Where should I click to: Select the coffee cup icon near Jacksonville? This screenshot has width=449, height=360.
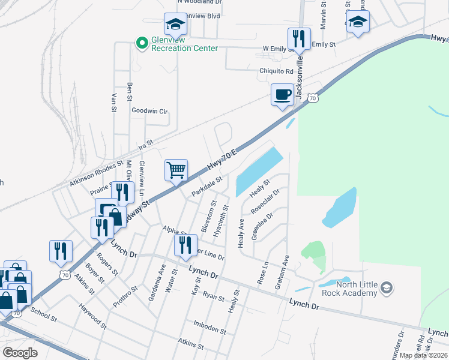[x=282, y=94]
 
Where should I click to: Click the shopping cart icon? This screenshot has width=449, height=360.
[x=176, y=170]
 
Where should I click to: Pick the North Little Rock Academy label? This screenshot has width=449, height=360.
[x=358, y=289]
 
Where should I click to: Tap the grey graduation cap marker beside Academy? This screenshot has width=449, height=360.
[x=387, y=289]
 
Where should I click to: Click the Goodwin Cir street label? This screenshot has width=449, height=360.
[x=149, y=111]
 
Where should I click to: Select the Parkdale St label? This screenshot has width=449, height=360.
[x=207, y=185]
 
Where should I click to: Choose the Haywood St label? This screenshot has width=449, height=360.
[x=92, y=316]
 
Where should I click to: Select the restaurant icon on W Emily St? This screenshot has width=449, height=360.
[x=299, y=39]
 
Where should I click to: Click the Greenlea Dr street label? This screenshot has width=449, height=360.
[x=262, y=226]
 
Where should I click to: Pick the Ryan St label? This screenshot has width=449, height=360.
[x=213, y=296]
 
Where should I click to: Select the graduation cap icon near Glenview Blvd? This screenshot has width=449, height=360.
[x=176, y=24]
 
